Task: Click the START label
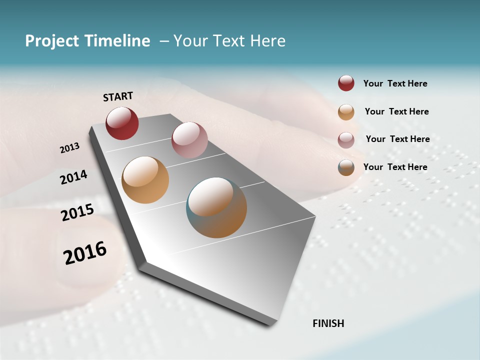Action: click(118, 96)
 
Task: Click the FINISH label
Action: click(328, 323)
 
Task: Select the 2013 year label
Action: click(69, 147)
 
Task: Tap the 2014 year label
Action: click(73, 177)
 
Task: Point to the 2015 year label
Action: click(77, 212)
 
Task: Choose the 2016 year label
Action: click(84, 253)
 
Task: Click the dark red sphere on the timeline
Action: click(122, 123)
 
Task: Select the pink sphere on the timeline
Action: click(189, 140)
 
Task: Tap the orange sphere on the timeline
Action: click(145, 180)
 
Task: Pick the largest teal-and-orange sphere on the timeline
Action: click(216, 207)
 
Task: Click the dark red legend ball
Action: click(346, 83)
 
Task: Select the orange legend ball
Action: click(346, 112)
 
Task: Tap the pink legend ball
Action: click(346, 139)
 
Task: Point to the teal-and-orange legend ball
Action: click(346, 167)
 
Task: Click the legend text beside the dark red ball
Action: click(395, 83)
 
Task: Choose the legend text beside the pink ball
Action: click(397, 139)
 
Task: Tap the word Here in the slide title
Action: click(267, 41)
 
